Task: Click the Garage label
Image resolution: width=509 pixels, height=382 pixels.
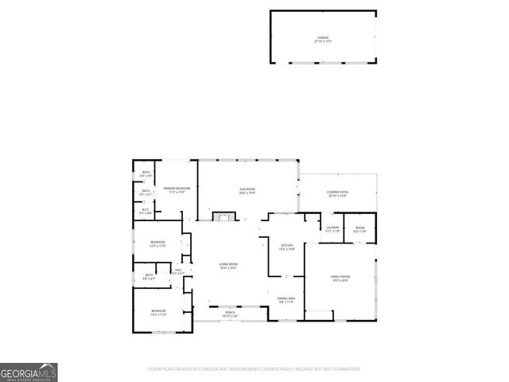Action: point(322,38)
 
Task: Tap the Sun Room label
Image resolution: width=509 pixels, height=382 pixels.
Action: point(247,189)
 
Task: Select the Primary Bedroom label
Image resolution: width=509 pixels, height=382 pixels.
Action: point(175,189)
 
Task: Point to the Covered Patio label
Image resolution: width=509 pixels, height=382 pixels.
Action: point(337,193)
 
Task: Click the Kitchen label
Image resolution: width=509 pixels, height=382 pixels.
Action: point(286,246)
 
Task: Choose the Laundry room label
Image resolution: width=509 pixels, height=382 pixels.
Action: point(332,228)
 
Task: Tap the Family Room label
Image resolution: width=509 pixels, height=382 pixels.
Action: point(340,278)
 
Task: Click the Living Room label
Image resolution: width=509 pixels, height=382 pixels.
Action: point(229,266)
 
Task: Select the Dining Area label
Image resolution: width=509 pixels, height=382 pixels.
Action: point(286,299)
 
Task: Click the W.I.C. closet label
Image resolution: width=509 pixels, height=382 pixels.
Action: point(146,211)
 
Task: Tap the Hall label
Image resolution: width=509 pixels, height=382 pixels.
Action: point(179,271)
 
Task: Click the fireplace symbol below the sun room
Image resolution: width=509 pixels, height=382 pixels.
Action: point(225,217)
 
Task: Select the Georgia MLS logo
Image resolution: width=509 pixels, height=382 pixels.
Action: point(29,372)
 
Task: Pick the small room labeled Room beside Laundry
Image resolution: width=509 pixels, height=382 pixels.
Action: point(360,228)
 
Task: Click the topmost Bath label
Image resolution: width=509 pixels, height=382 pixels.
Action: point(146,173)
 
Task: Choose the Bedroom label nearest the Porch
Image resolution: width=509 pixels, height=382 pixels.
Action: point(159,311)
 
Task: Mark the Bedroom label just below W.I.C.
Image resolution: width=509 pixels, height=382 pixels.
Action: point(157,244)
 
